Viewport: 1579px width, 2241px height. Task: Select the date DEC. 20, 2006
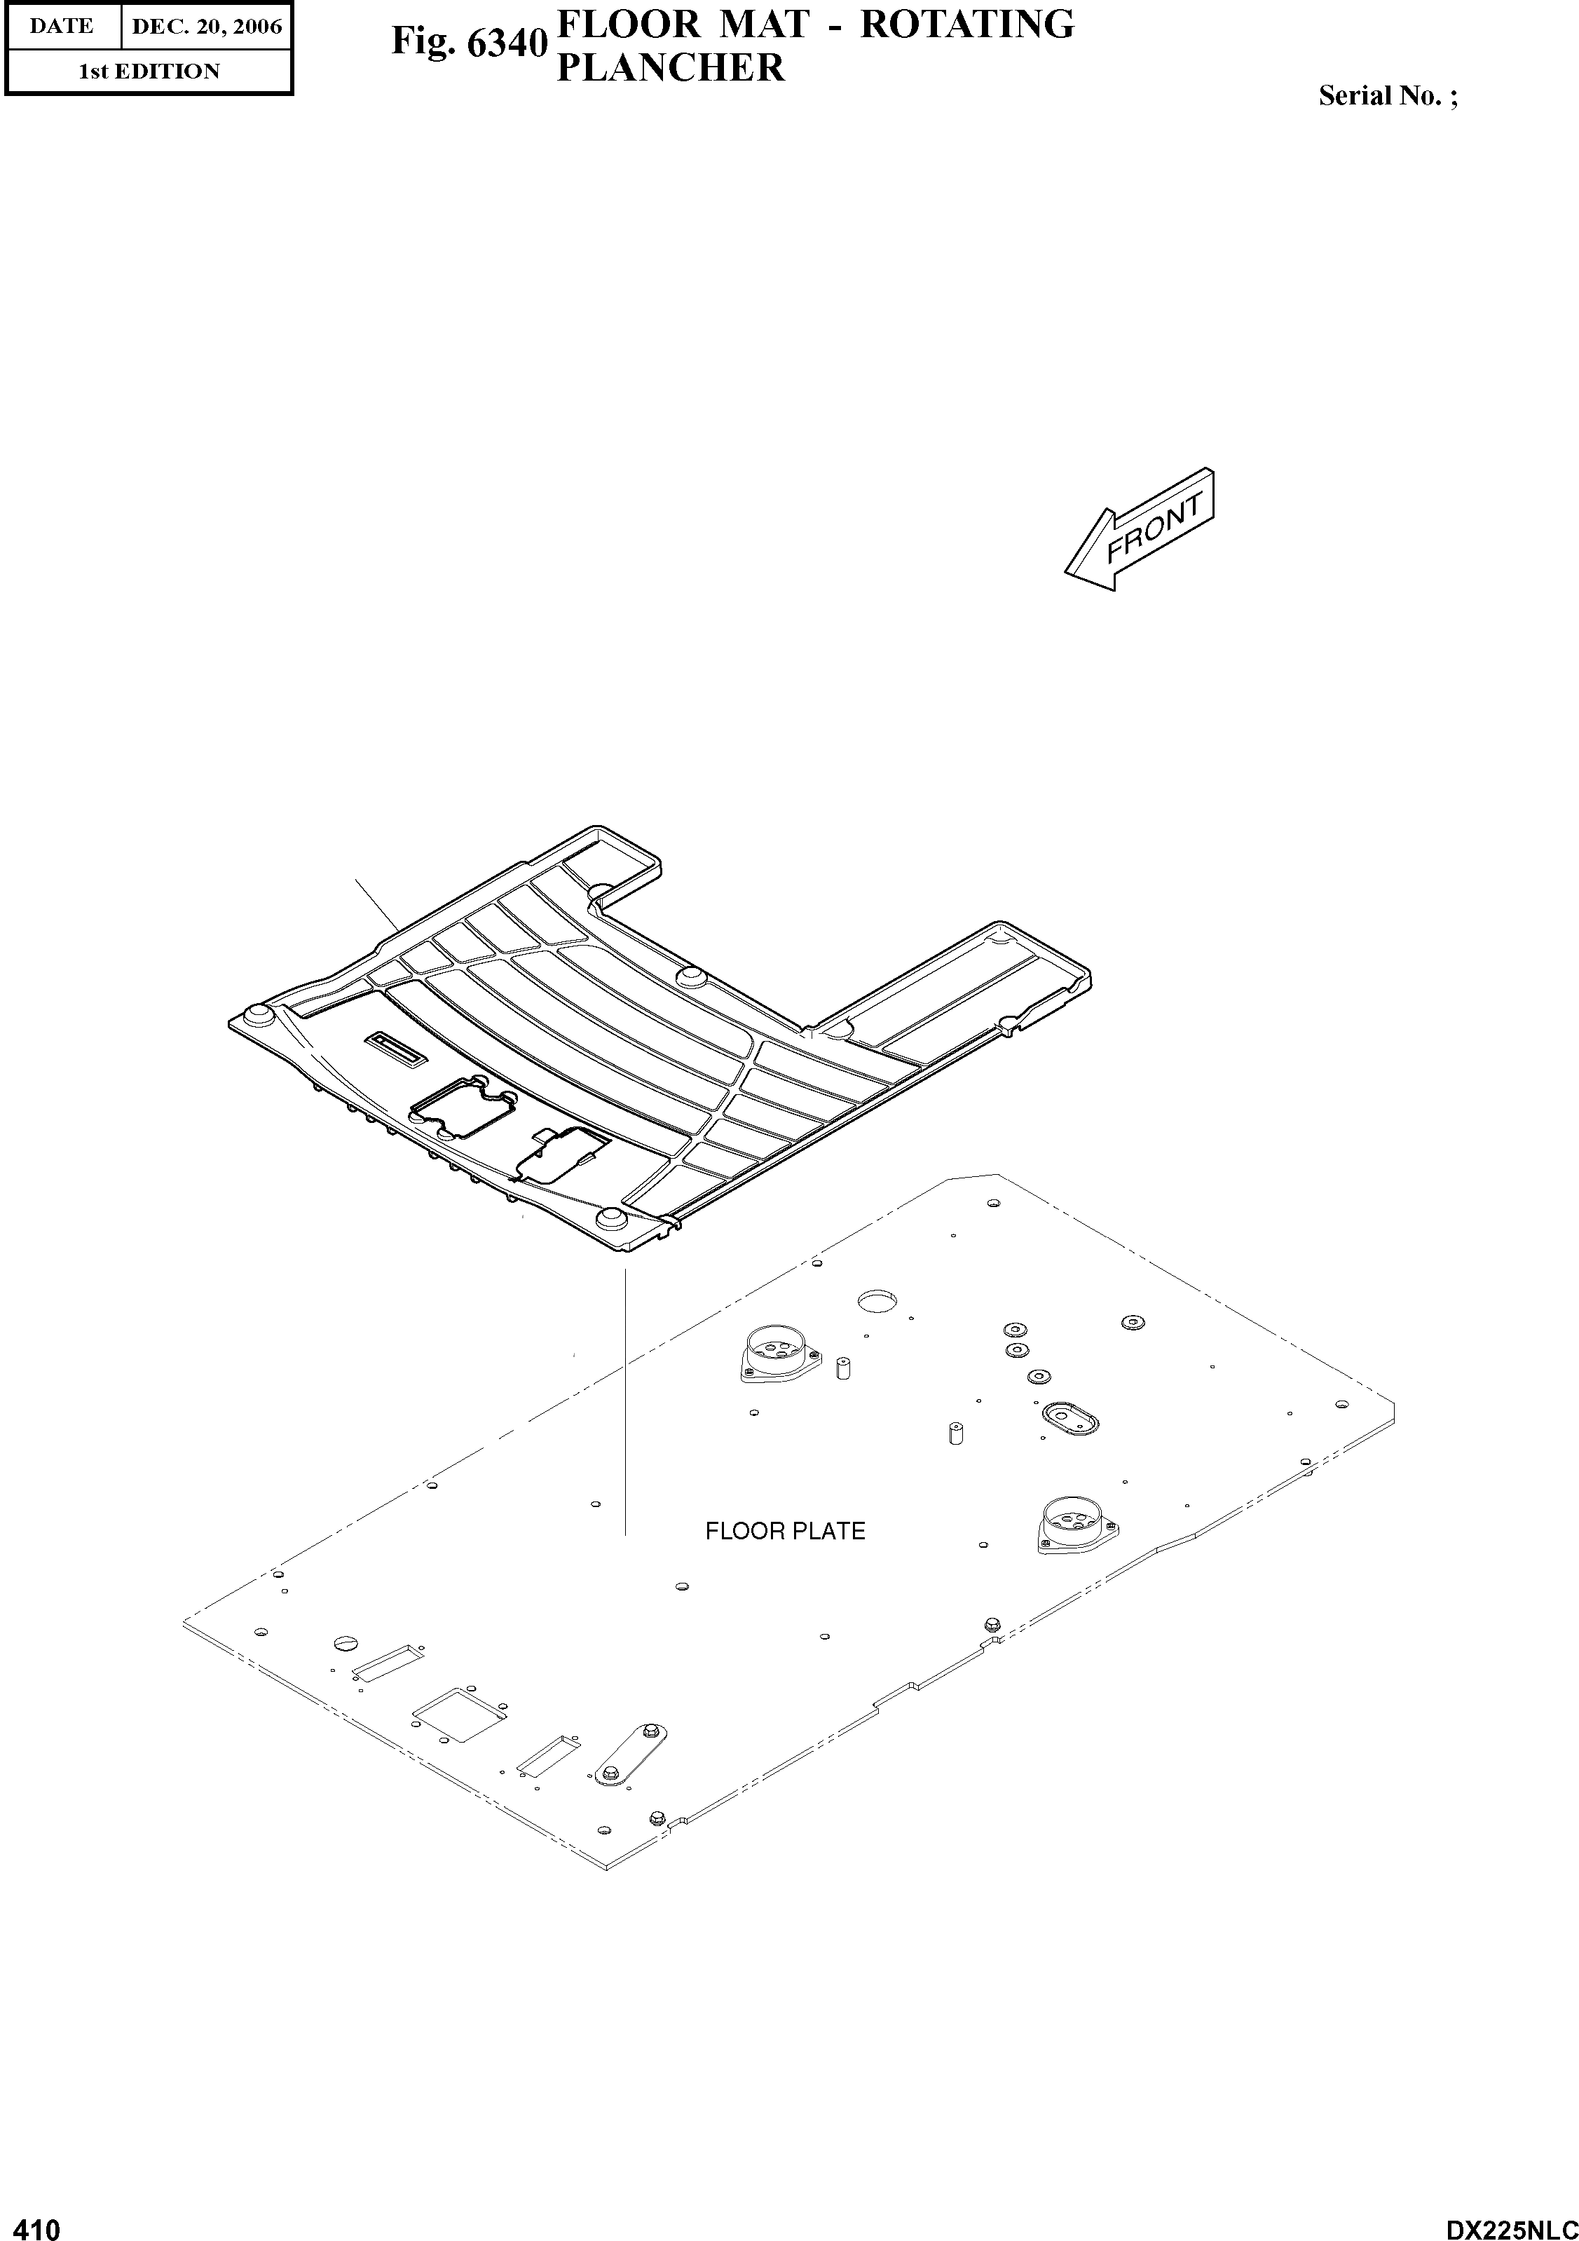point(206,27)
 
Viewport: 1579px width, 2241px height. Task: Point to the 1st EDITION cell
point(149,71)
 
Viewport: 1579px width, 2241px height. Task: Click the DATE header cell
point(62,27)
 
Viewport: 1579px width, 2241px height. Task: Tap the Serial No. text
point(1387,95)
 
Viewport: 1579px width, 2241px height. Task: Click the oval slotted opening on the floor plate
point(1069,1415)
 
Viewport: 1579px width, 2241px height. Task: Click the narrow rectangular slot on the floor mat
point(395,1048)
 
